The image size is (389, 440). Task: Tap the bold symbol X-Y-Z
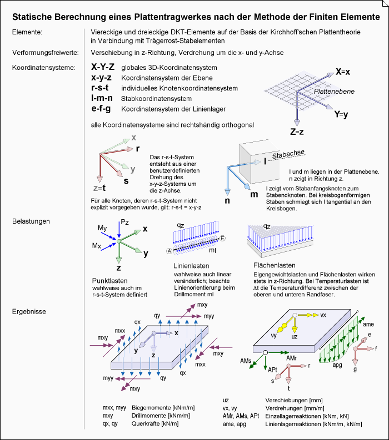click(103, 67)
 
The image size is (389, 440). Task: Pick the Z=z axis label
click(297, 132)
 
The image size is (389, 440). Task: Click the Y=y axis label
click(341, 115)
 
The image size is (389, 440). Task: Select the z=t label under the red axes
click(99, 188)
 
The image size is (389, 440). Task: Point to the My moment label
click(102, 228)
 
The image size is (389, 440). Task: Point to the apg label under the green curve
click(337, 365)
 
